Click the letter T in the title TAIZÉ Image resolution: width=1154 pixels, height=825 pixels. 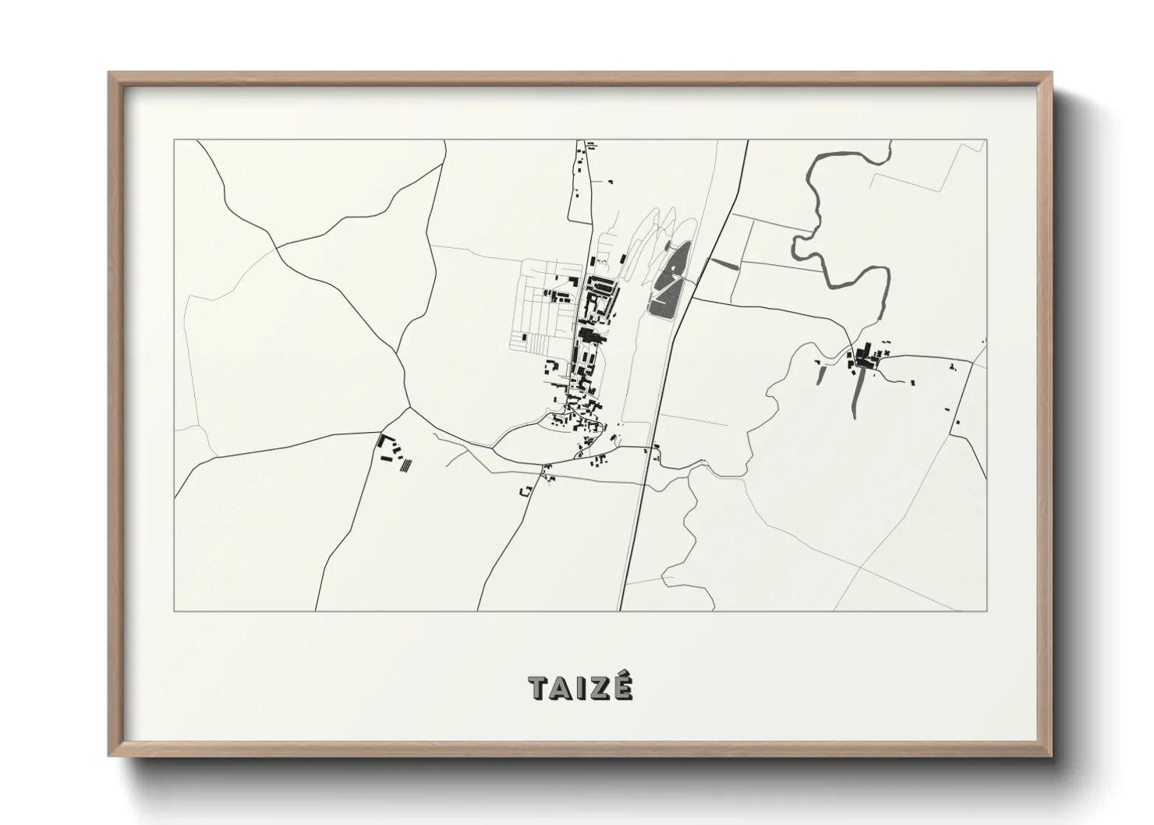tap(537, 689)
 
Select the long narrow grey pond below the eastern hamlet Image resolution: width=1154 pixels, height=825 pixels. tap(858, 395)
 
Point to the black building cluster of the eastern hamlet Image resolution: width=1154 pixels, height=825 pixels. tap(863, 359)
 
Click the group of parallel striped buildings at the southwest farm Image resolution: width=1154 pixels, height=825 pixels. tap(404, 466)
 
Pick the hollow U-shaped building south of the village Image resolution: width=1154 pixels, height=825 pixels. tap(526, 490)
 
